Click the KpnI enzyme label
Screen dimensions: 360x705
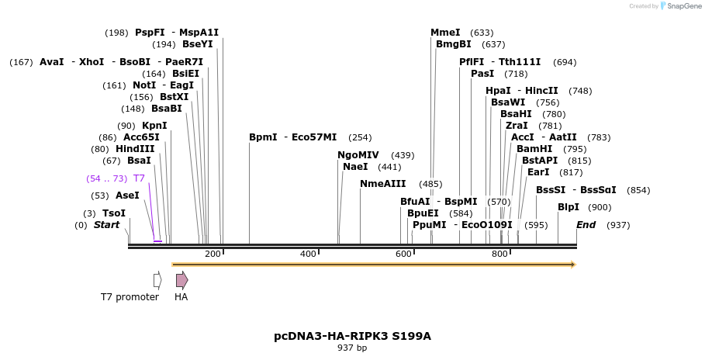(154, 126)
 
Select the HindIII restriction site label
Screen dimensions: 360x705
(135, 149)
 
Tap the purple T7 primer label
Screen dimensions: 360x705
(140, 178)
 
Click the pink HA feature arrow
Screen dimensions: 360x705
(181, 280)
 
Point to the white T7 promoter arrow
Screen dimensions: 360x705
(157, 280)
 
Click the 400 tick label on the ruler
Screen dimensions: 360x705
(308, 254)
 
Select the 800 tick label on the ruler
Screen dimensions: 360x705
(499, 254)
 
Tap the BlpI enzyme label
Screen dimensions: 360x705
(568, 207)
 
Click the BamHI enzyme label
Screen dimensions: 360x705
(534, 149)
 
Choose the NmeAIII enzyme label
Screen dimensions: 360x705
(383, 184)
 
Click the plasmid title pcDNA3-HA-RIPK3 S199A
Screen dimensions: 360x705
(352, 336)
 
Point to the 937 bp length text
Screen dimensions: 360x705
(352, 348)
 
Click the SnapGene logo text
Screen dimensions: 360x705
(679, 6)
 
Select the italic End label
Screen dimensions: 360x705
(586, 225)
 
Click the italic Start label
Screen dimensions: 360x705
(107, 225)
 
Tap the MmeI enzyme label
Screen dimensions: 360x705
(445, 33)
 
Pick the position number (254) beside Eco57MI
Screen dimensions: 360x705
(360, 137)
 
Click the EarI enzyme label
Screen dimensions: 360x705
(538, 172)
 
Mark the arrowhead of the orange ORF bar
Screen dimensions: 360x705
(573, 265)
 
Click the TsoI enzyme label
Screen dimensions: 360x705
(113, 213)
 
